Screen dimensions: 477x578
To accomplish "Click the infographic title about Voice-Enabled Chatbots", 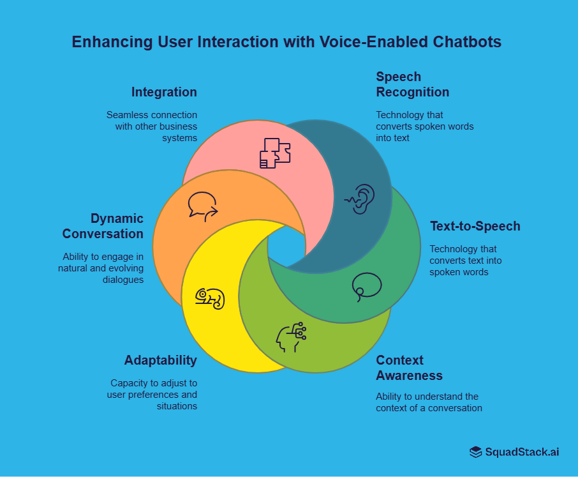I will (286, 42).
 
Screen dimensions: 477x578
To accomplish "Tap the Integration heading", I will (164, 92).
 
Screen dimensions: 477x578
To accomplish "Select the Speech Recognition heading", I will (412, 84).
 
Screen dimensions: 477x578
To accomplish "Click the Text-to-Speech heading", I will (475, 226).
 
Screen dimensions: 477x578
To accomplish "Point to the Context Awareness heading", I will (409, 367).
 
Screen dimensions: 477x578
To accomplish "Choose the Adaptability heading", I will (160, 360).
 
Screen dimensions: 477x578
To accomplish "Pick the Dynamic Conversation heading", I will (103, 226).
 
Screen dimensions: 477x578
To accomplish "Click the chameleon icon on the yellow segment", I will (211, 298).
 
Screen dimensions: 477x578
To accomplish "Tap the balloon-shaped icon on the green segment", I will (366, 286).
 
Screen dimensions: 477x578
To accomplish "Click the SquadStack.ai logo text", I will (522, 452).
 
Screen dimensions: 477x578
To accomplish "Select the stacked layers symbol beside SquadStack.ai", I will (476, 452).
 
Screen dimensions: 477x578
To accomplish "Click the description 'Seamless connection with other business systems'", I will (152, 126).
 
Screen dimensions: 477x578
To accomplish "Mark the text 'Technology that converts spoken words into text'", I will (424, 126).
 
